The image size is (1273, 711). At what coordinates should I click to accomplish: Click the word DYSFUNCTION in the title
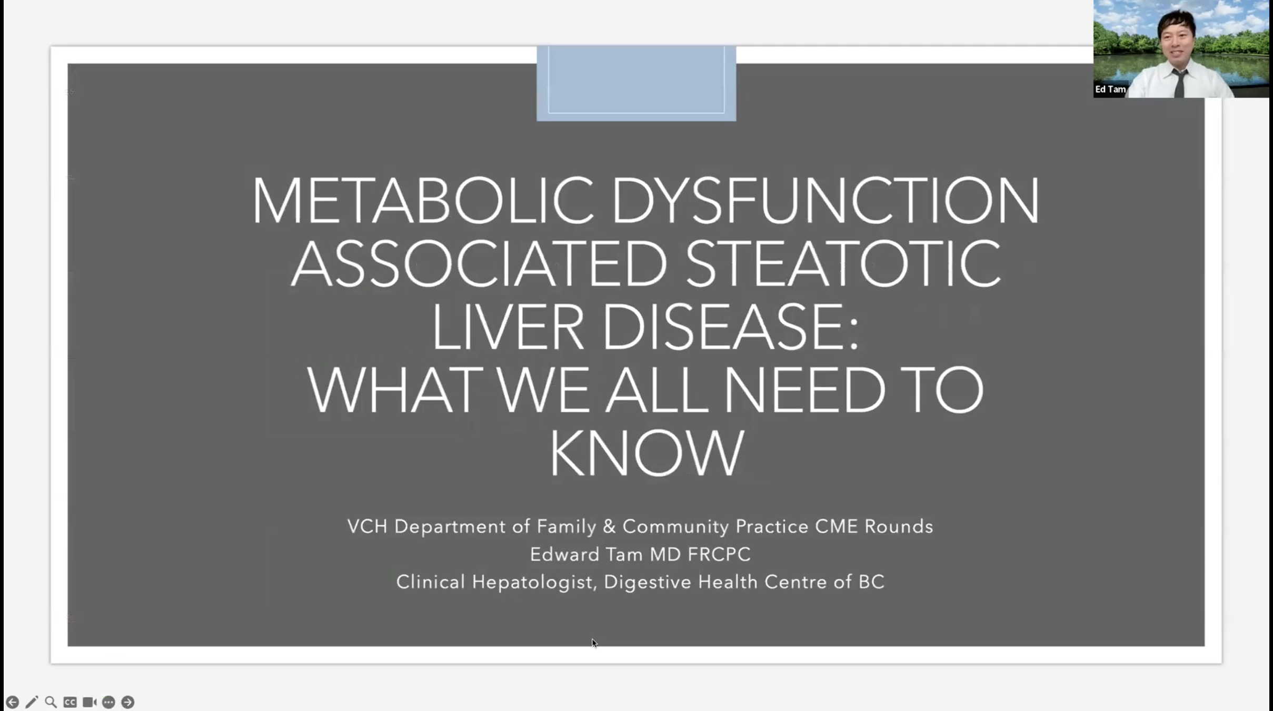(826, 200)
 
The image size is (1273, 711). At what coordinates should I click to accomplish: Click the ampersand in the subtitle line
(609, 526)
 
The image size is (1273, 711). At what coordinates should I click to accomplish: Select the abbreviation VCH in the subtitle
(367, 526)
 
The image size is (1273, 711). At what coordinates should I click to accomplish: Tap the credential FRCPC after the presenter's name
(719, 554)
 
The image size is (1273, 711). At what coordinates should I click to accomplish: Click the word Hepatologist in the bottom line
(532, 582)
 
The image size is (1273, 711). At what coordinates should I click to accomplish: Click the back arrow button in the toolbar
(12, 702)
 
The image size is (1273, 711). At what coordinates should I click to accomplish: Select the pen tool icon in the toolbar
(32, 702)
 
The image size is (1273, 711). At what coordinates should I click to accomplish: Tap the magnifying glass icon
(51, 702)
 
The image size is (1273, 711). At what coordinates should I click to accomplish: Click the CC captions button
(70, 702)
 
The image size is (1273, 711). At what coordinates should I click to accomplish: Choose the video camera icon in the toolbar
(89, 702)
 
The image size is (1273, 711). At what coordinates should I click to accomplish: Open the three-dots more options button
(108, 702)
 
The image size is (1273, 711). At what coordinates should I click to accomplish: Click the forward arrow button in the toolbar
(127, 702)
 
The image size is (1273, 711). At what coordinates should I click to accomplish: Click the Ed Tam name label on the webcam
(1110, 90)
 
